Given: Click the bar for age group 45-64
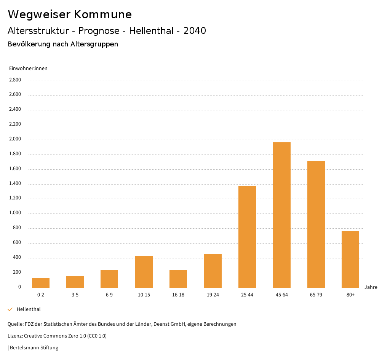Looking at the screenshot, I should point(281,215).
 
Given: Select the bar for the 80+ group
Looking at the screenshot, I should point(350,260).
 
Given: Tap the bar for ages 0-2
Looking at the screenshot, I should point(41,283).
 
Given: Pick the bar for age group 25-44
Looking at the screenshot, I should point(247,237).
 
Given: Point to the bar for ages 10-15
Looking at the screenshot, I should point(144,272).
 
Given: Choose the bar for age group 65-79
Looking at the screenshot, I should point(316,224).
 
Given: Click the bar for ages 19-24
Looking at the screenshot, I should point(213,271).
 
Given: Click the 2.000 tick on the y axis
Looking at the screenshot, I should point(15,139).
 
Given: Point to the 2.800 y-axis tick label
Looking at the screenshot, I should point(15,80).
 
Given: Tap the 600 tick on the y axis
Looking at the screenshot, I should point(17,243).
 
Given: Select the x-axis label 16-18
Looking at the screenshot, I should point(178,295).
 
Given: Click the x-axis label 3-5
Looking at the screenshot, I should point(75,295).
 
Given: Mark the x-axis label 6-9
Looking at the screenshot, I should point(109,295).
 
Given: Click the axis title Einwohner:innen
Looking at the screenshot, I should point(28,68).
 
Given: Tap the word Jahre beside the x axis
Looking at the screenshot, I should point(371,287).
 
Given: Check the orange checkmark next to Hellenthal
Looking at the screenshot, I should point(10,309).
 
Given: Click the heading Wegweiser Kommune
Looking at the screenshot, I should point(70,14).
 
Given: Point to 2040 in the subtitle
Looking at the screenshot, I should point(195,31).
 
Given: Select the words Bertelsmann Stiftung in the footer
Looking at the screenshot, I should point(34,348).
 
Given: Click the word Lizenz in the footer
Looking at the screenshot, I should point(15,336).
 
